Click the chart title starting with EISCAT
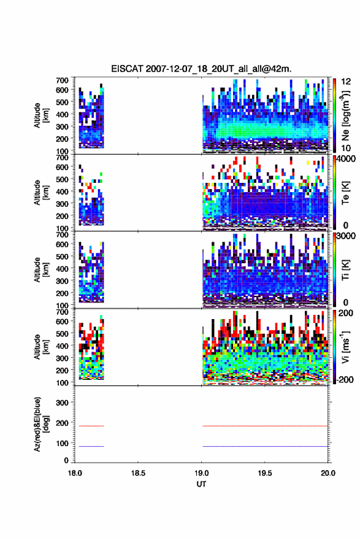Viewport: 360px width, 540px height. tap(201, 69)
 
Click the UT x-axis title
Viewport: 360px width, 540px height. tap(201, 484)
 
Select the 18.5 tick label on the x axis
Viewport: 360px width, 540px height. tap(138, 473)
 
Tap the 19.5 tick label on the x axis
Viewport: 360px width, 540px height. tap(265, 473)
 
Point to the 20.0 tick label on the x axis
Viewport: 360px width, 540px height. tap(328, 473)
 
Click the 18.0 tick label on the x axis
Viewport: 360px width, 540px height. tap(75, 473)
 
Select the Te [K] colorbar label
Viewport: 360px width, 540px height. tap(345, 193)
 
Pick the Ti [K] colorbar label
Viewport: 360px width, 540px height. tap(345, 270)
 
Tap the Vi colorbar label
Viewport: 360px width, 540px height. tap(345, 347)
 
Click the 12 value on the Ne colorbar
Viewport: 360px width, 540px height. tap(347, 82)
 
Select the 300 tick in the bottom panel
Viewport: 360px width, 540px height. tap(62, 403)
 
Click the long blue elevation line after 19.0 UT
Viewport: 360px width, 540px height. tap(265, 446)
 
